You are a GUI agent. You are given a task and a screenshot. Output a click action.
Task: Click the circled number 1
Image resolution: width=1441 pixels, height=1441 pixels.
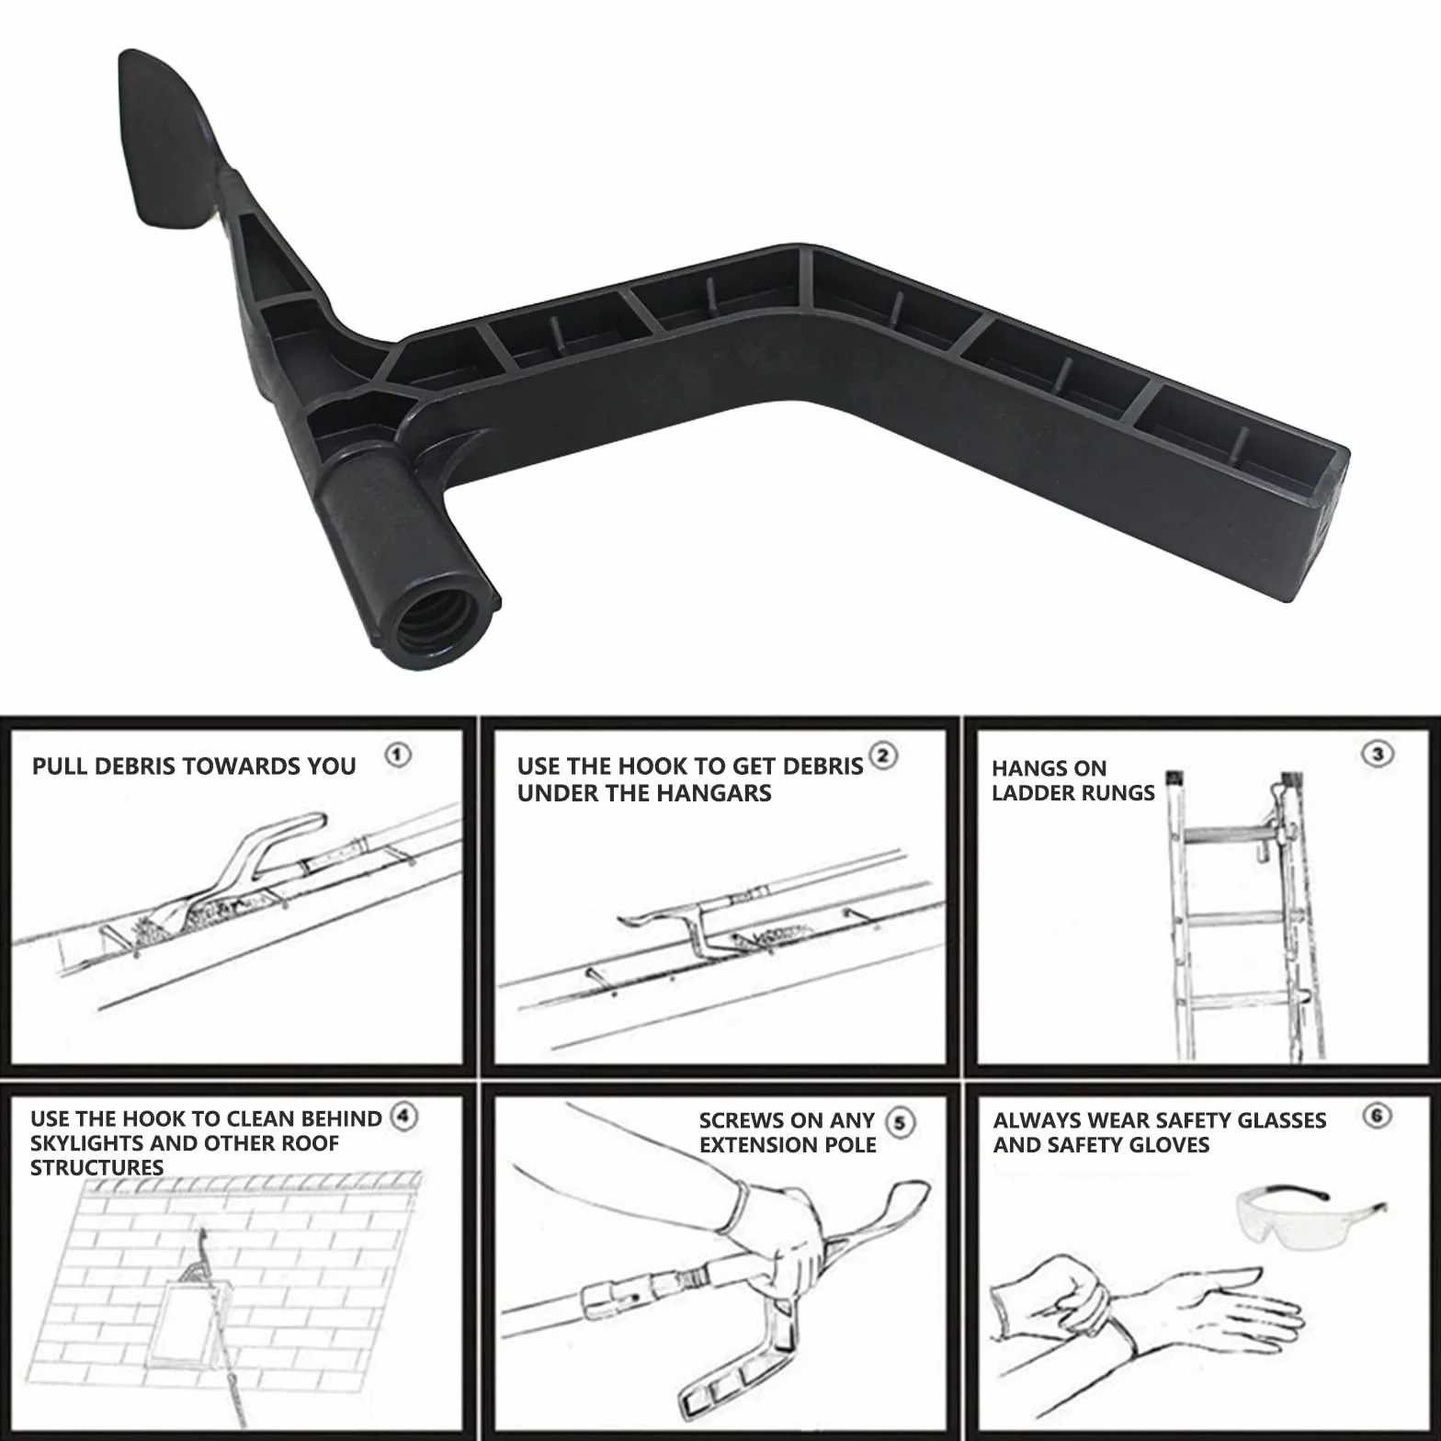397,755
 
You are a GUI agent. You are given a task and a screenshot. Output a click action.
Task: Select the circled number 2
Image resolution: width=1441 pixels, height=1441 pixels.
882,755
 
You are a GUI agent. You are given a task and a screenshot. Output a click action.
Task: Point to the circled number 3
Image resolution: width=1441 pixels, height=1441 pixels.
1377,755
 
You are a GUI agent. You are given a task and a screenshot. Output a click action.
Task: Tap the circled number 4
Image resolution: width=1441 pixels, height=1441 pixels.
403,1117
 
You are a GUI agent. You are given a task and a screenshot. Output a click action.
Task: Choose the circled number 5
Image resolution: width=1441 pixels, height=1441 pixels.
900,1122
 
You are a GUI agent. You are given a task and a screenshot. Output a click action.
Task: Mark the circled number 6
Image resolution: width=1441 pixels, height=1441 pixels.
1377,1116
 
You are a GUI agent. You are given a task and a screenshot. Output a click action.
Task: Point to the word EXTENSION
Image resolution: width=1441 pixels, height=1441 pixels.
761,1145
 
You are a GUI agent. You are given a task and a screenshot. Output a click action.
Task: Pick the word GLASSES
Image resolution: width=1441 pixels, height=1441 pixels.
1281,1120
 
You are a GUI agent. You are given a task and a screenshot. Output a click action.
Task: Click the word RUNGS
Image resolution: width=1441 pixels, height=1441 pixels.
1114,793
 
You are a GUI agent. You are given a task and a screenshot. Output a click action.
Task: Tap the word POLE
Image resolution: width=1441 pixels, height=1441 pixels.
853,1145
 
